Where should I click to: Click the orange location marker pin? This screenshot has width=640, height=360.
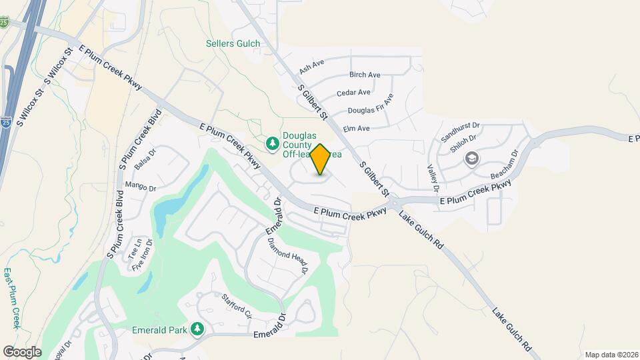320,159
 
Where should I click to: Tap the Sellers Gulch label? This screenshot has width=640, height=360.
232,44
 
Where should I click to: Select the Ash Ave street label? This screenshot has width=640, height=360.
311,65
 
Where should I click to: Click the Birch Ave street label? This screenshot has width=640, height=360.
365,75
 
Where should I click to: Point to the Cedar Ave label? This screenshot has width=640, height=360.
353,93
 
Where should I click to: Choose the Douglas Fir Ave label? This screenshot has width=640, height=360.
371,104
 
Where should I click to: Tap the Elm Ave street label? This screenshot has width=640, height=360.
356,128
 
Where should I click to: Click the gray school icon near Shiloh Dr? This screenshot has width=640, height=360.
472,159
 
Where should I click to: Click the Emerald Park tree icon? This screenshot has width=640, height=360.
197,329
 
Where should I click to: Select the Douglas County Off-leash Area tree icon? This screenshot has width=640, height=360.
272,143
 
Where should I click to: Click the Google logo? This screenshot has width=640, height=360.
22,351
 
